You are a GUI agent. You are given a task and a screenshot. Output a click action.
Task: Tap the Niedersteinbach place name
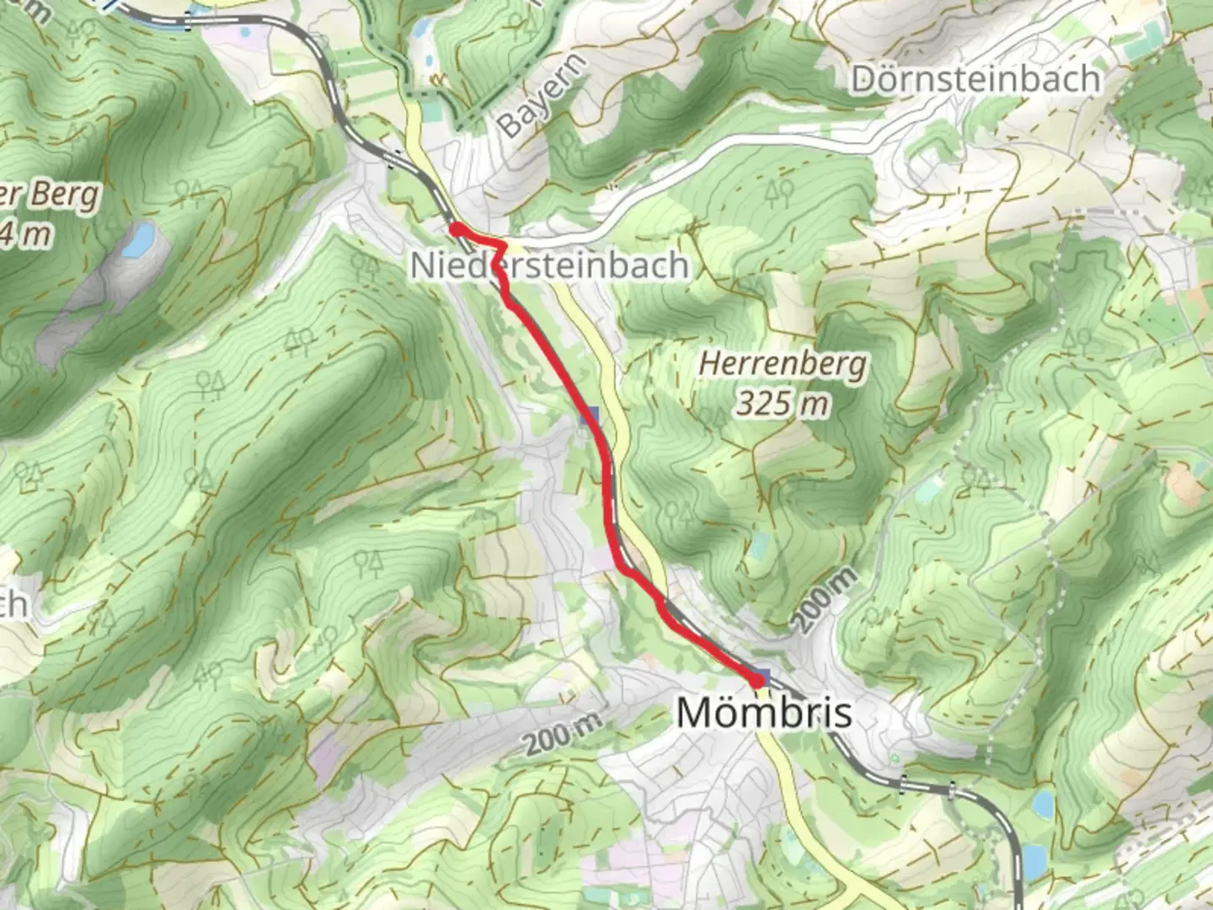(549, 265)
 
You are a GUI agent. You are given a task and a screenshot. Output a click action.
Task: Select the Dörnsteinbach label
(975, 79)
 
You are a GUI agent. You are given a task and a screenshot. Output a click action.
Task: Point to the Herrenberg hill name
(783, 365)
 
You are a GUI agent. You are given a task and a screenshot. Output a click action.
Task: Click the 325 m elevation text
(783, 404)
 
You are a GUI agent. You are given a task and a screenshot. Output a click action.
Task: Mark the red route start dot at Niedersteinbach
(455, 228)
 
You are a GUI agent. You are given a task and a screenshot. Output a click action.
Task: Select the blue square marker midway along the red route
(590, 415)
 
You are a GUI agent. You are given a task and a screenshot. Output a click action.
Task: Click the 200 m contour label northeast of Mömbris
(825, 600)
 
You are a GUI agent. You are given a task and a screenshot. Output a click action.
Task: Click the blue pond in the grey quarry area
(137, 240)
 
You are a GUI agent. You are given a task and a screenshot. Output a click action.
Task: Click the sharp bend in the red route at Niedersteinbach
(504, 245)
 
